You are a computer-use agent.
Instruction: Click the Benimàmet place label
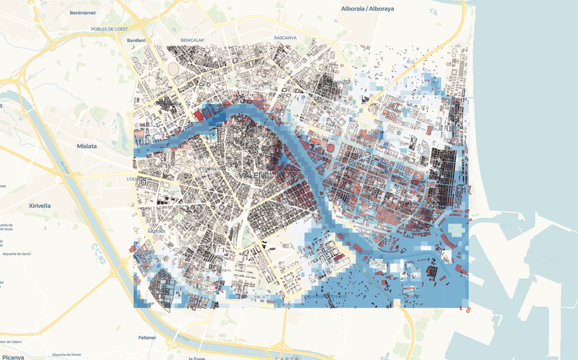(83, 13)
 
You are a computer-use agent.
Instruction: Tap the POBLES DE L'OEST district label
(109, 28)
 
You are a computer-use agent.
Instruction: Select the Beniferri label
(136, 40)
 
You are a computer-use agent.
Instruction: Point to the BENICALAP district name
(192, 40)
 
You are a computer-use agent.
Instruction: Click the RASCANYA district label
(285, 38)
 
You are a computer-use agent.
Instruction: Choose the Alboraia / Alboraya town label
(367, 9)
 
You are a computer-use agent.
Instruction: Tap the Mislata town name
(87, 146)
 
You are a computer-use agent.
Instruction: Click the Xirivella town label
(40, 206)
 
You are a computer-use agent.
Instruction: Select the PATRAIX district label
(157, 231)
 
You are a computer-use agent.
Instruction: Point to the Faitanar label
(147, 337)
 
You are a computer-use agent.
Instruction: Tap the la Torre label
(196, 358)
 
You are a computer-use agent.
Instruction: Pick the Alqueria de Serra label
(16, 254)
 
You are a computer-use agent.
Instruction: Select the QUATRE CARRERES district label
(325, 296)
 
